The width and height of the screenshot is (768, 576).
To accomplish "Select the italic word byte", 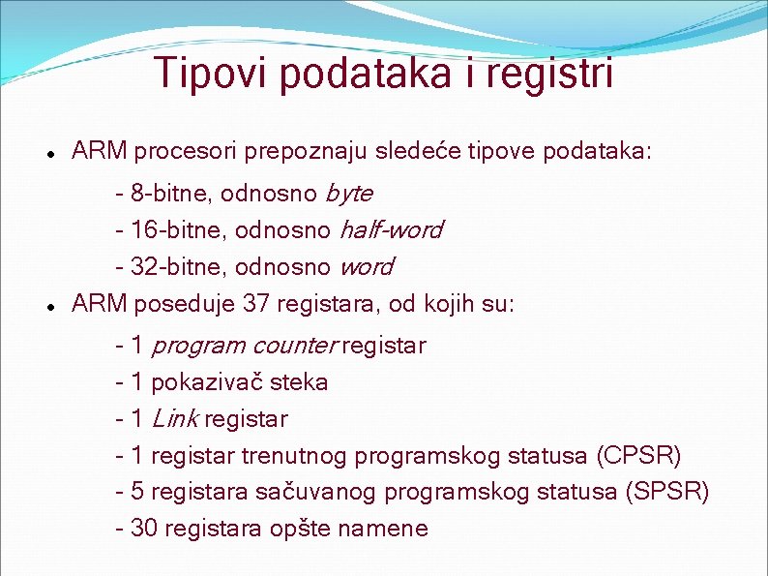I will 349,193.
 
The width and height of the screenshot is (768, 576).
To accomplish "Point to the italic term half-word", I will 391,230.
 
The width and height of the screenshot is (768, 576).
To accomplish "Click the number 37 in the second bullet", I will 256,305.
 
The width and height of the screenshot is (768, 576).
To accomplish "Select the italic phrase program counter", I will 244,346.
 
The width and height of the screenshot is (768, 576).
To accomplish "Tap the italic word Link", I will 175,419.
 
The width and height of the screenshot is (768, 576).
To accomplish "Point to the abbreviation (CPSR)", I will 640,456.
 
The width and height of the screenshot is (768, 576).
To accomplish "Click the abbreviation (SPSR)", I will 668,493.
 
